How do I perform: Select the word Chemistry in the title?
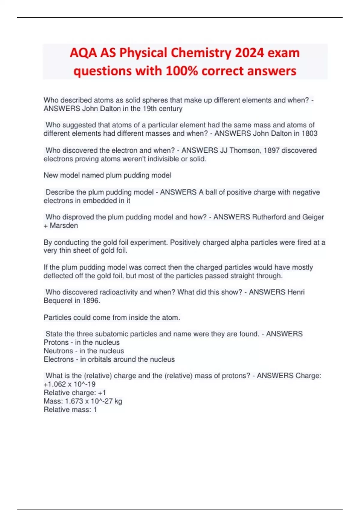(201, 53)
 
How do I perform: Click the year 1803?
(309, 133)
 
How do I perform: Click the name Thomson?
(245, 150)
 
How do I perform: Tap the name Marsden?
(64, 226)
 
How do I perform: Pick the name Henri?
(296, 292)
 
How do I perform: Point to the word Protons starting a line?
(56, 343)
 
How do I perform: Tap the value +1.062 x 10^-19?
(70, 384)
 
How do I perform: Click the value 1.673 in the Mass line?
(74, 401)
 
